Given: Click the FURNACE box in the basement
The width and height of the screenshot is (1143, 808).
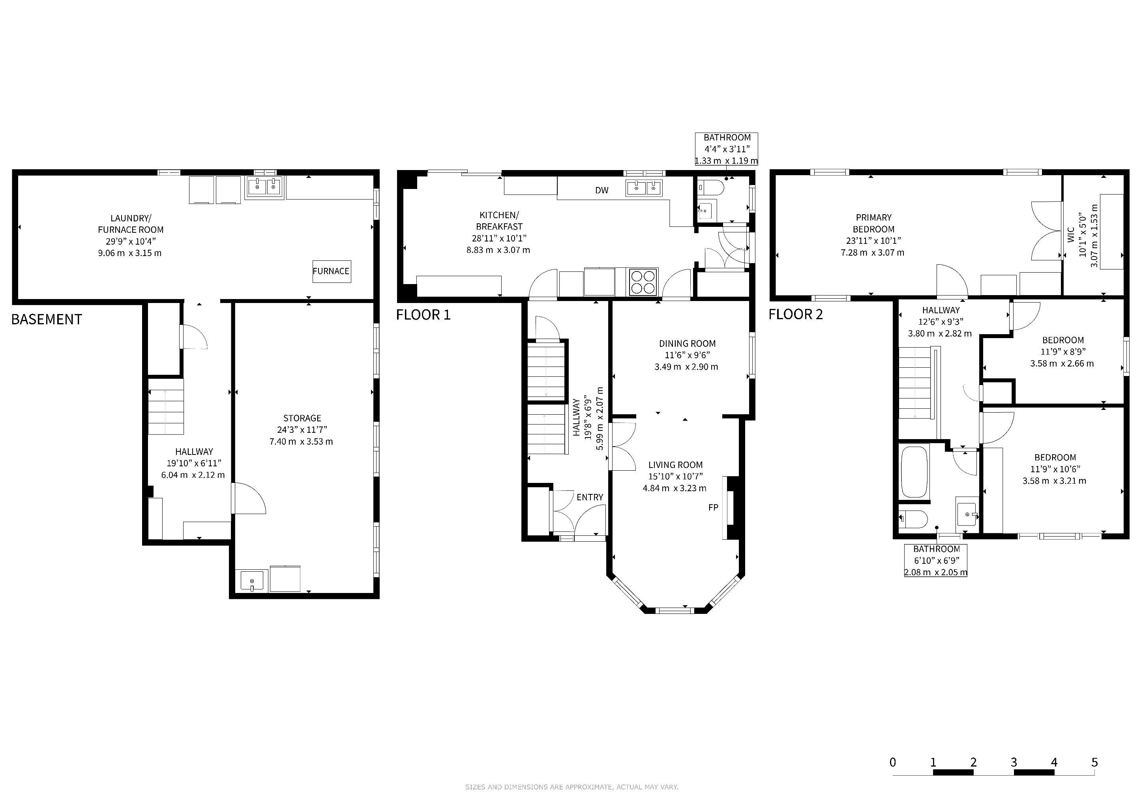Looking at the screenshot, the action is click(x=332, y=271).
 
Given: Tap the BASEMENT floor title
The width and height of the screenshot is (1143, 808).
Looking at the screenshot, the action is click(x=47, y=320).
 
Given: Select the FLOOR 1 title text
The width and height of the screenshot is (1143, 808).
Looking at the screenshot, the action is click(x=423, y=315).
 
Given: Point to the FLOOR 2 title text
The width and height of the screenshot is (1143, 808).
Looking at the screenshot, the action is click(x=796, y=314).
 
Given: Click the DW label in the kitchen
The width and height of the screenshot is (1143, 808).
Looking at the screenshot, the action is click(x=602, y=190).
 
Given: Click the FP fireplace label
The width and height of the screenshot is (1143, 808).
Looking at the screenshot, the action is click(x=713, y=507).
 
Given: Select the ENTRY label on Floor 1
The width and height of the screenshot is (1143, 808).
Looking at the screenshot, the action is click(x=590, y=497).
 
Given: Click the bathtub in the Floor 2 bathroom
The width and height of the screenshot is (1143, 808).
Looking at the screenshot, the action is click(x=914, y=472).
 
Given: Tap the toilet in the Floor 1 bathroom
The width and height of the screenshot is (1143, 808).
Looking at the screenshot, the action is click(x=711, y=187).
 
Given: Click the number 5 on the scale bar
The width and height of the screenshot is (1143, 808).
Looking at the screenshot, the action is click(x=1094, y=762).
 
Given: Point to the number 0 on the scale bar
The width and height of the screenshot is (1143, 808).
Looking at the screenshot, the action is click(x=893, y=762).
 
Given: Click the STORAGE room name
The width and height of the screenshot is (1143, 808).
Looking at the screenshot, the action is click(x=302, y=418).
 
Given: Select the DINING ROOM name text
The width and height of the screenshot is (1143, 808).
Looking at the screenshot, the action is click(x=687, y=343).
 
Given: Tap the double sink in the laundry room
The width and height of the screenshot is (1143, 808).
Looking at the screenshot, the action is click(x=265, y=187).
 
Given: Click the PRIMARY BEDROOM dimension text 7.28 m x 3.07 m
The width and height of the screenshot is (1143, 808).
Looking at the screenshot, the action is click(x=873, y=253).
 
